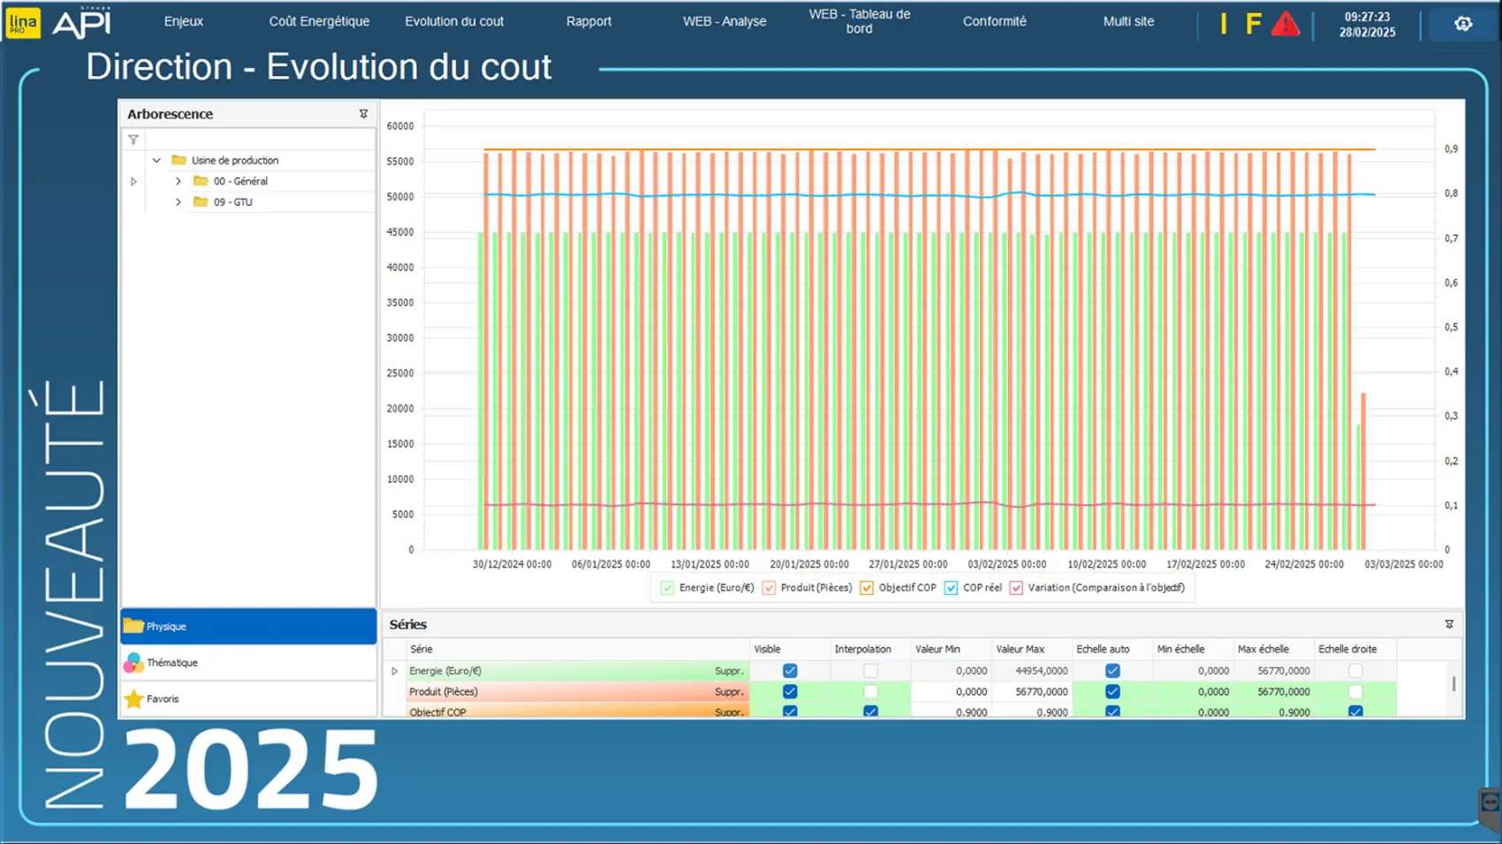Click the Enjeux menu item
point(183,21)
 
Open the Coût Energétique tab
point(319,21)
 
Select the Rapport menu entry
point(588,21)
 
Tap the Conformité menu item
point(994,21)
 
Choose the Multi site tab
point(1128,21)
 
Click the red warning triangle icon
point(1285,25)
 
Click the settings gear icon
point(1463,24)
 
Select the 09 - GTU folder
point(232,202)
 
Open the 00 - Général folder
point(239,181)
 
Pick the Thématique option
point(172,662)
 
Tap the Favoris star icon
point(134,699)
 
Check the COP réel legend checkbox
point(951,588)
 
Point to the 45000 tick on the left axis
point(400,232)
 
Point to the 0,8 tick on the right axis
point(1451,193)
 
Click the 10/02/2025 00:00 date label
point(1106,564)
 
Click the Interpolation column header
point(862,649)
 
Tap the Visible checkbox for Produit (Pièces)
point(790,691)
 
